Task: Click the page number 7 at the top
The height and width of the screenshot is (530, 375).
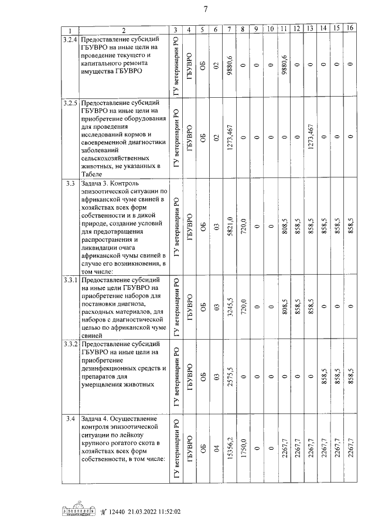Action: [x=206, y=9]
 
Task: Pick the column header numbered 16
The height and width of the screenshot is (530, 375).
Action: [x=350, y=29]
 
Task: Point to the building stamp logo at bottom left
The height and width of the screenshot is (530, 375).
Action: [x=80, y=510]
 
